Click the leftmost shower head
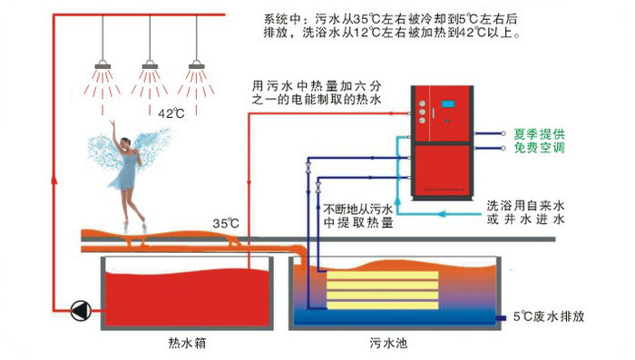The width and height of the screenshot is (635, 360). click(x=104, y=64)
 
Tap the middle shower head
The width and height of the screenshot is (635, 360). click(x=151, y=64)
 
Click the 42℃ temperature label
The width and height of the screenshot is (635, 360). click(x=171, y=114)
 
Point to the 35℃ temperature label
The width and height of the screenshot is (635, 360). click(x=226, y=221)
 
